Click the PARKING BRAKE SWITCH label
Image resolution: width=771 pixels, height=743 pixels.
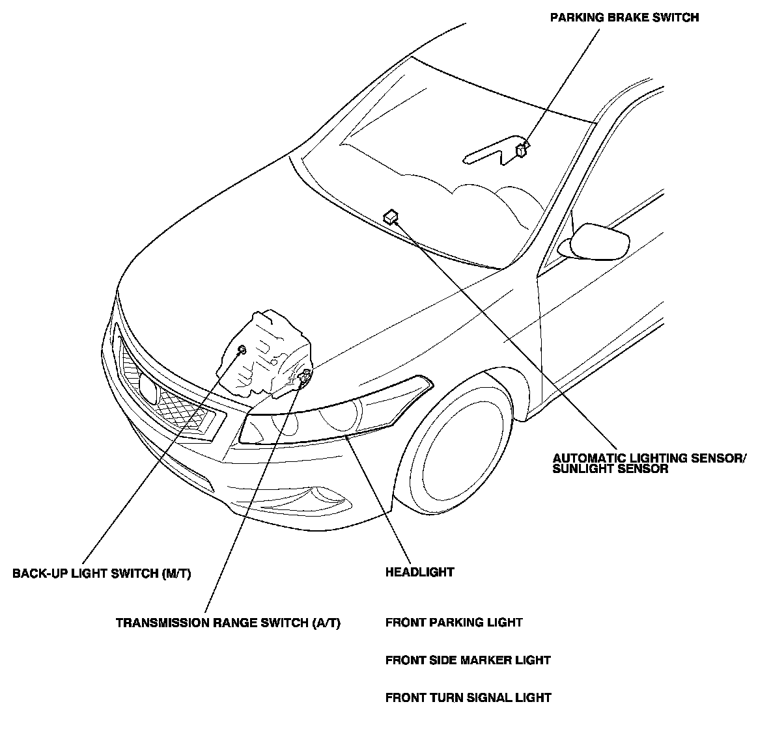tap(624, 18)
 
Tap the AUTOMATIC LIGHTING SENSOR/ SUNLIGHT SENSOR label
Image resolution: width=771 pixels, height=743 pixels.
tap(649, 463)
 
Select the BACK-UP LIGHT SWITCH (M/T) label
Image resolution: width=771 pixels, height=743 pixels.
tap(102, 574)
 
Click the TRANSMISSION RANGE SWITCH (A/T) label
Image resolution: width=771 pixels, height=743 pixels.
tap(228, 623)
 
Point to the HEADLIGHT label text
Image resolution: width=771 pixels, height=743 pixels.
tap(419, 573)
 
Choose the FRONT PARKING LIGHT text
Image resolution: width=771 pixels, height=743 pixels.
tap(454, 623)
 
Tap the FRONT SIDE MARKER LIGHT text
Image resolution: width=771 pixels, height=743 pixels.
tap(468, 660)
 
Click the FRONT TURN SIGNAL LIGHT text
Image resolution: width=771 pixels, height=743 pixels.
tap(468, 698)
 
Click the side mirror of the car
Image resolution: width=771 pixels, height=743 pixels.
tap(596, 240)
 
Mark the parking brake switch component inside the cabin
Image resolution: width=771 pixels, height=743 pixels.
tap(521, 150)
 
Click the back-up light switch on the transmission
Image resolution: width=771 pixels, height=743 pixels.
tap(242, 351)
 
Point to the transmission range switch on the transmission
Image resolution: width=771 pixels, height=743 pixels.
tap(304, 375)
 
